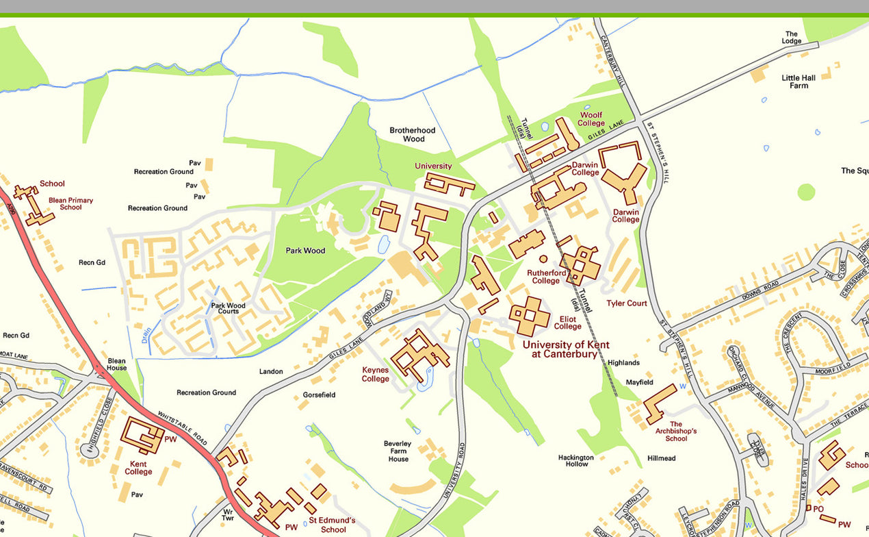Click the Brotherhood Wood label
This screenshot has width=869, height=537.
(x=412, y=134)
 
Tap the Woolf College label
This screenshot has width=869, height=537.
(x=591, y=119)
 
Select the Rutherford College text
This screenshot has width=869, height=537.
(x=545, y=277)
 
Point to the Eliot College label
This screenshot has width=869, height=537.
(x=567, y=323)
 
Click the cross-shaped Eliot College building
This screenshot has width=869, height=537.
(x=529, y=316)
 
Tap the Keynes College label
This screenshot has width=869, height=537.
(x=375, y=374)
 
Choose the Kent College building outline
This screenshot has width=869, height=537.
(x=142, y=435)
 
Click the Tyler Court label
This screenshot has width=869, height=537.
(x=626, y=303)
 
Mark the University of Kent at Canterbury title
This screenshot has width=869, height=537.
(x=565, y=349)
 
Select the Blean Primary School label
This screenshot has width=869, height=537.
(x=70, y=203)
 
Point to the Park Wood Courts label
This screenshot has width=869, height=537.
(x=228, y=308)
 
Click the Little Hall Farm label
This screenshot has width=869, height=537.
(x=799, y=82)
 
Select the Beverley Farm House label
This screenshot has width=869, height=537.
(x=398, y=451)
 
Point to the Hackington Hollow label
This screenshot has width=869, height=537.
(x=576, y=460)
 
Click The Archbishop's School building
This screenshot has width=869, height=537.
(x=658, y=403)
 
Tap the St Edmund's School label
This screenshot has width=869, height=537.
(x=333, y=525)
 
